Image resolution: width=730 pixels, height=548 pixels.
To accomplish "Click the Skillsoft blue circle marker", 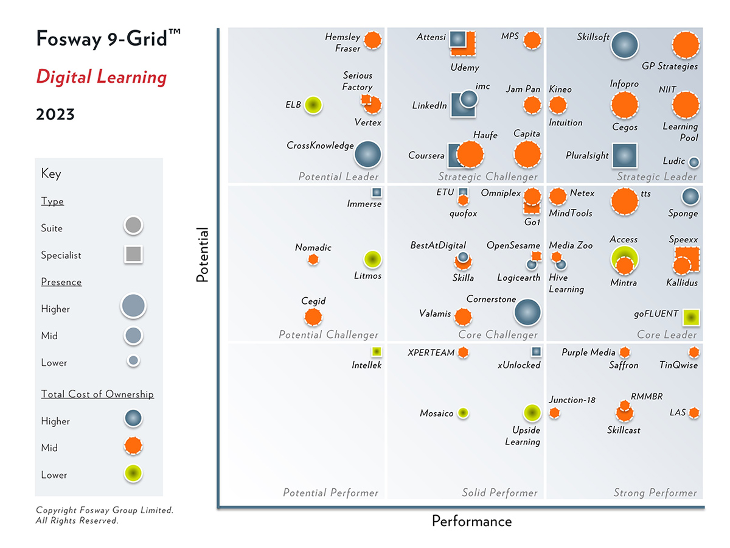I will tap(624, 46).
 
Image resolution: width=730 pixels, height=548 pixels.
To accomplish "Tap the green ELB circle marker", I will tap(313, 105).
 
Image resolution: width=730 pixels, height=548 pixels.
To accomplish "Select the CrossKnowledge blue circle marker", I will tap(368, 154).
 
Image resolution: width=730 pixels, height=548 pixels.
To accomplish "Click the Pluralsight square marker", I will tap(624, 155).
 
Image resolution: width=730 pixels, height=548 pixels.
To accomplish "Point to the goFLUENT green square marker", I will tap(690, 317).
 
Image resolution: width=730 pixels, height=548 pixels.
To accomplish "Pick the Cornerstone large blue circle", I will tap(527, 312).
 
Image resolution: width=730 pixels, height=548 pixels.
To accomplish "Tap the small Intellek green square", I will tap(377, 351).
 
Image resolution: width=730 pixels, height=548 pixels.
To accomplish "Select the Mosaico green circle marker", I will tap(463, 413).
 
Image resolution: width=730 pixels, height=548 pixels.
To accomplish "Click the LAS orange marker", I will tap(693, 413).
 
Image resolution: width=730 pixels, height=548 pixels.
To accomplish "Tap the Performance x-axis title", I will tap(471, 521).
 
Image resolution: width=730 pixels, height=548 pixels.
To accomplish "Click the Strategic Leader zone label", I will tap(656, 177).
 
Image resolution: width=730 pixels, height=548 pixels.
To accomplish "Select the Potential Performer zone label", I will tap(330, 493).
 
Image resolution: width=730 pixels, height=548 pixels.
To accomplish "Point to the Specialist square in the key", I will tap(133, 255).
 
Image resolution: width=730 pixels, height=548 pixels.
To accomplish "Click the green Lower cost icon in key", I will tap(133, 474).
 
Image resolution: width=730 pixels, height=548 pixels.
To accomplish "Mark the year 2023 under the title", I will tap(55, 114).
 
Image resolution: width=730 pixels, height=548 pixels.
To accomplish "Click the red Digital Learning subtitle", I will tap(101, 77).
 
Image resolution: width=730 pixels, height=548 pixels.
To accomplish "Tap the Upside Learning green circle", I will tap(532, 413).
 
